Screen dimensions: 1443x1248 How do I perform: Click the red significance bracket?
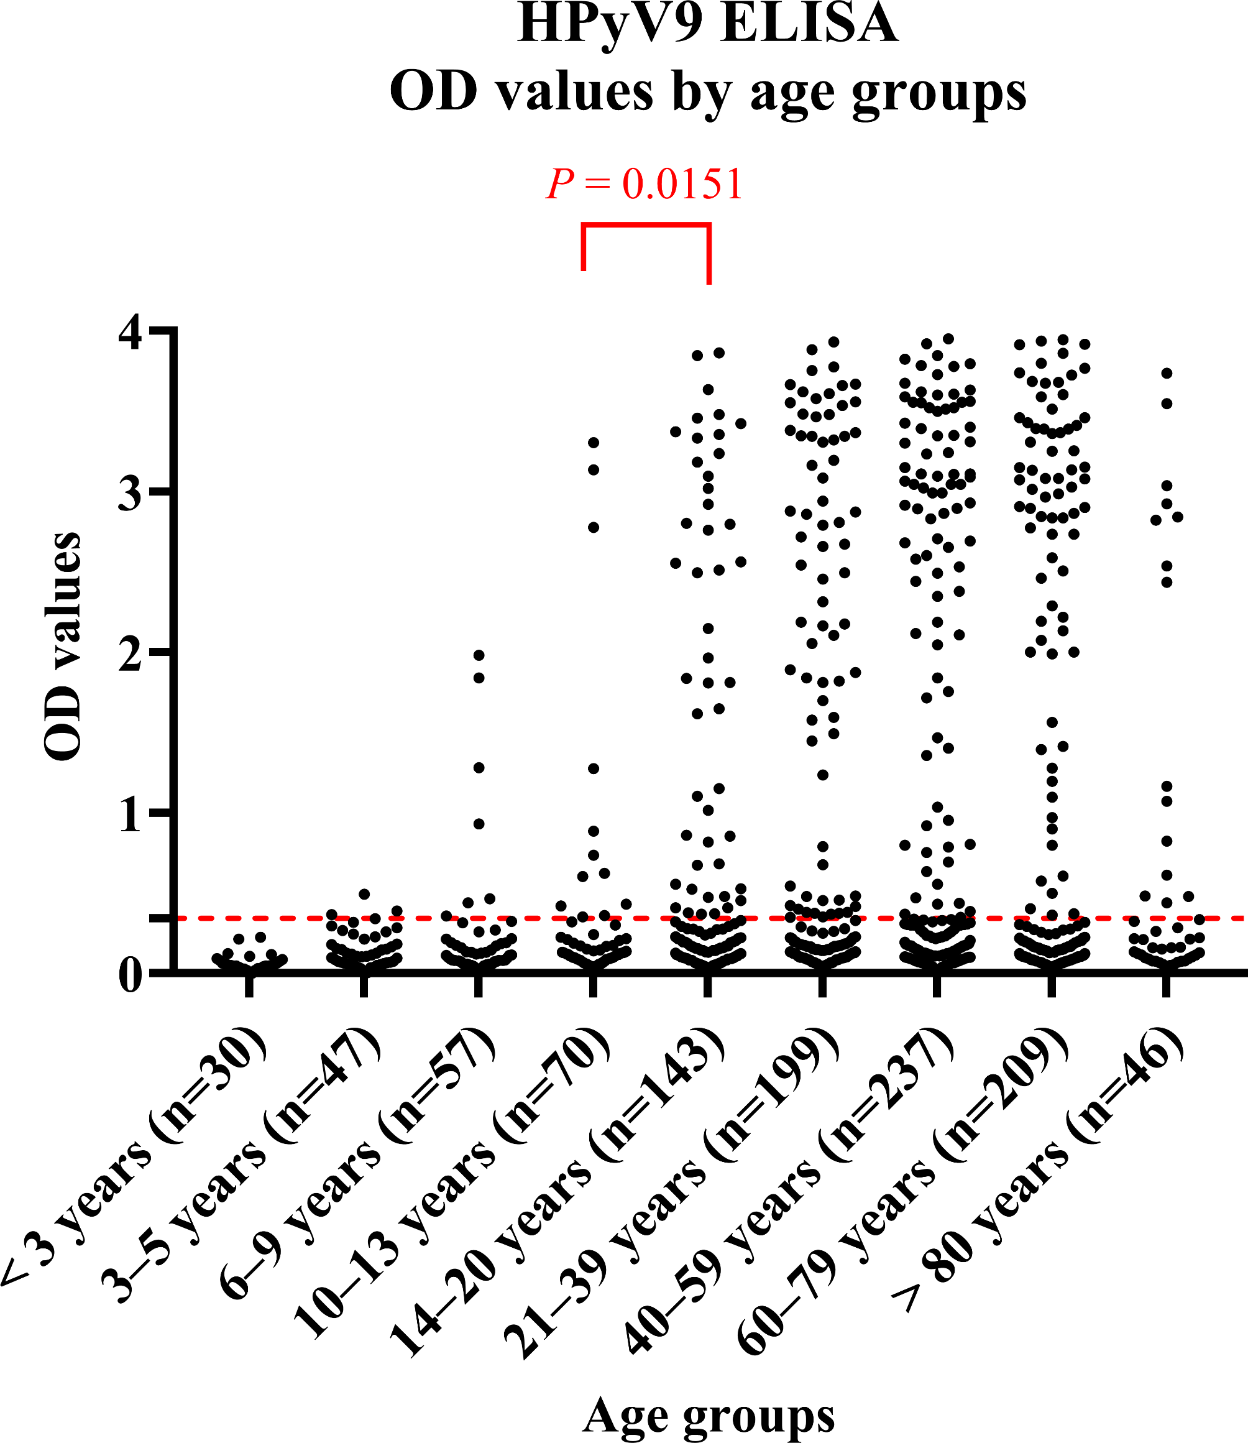(x=646, y=225)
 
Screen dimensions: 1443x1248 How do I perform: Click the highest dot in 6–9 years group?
(x=479, y=655)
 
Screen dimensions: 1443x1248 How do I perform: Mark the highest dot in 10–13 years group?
(x=594, y=443)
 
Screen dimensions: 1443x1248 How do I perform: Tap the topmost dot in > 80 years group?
(x=1167, y=374)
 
